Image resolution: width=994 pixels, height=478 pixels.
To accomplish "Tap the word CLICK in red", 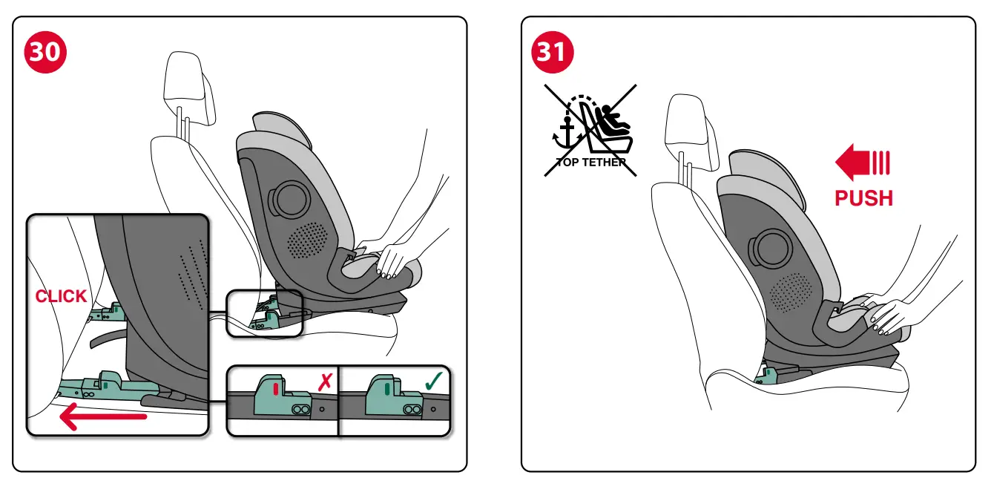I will point(61,296).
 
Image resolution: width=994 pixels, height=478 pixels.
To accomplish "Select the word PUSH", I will point(863,198).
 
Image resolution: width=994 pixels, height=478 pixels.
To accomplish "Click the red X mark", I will point(324,383).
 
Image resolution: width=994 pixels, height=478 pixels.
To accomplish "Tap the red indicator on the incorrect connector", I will point(275,388).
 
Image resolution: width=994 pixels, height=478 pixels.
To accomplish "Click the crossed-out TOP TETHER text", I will point(590,163).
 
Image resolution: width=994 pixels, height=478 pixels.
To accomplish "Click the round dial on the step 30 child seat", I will point(290,197).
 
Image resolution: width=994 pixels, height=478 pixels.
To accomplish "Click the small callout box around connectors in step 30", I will point(264,312).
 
